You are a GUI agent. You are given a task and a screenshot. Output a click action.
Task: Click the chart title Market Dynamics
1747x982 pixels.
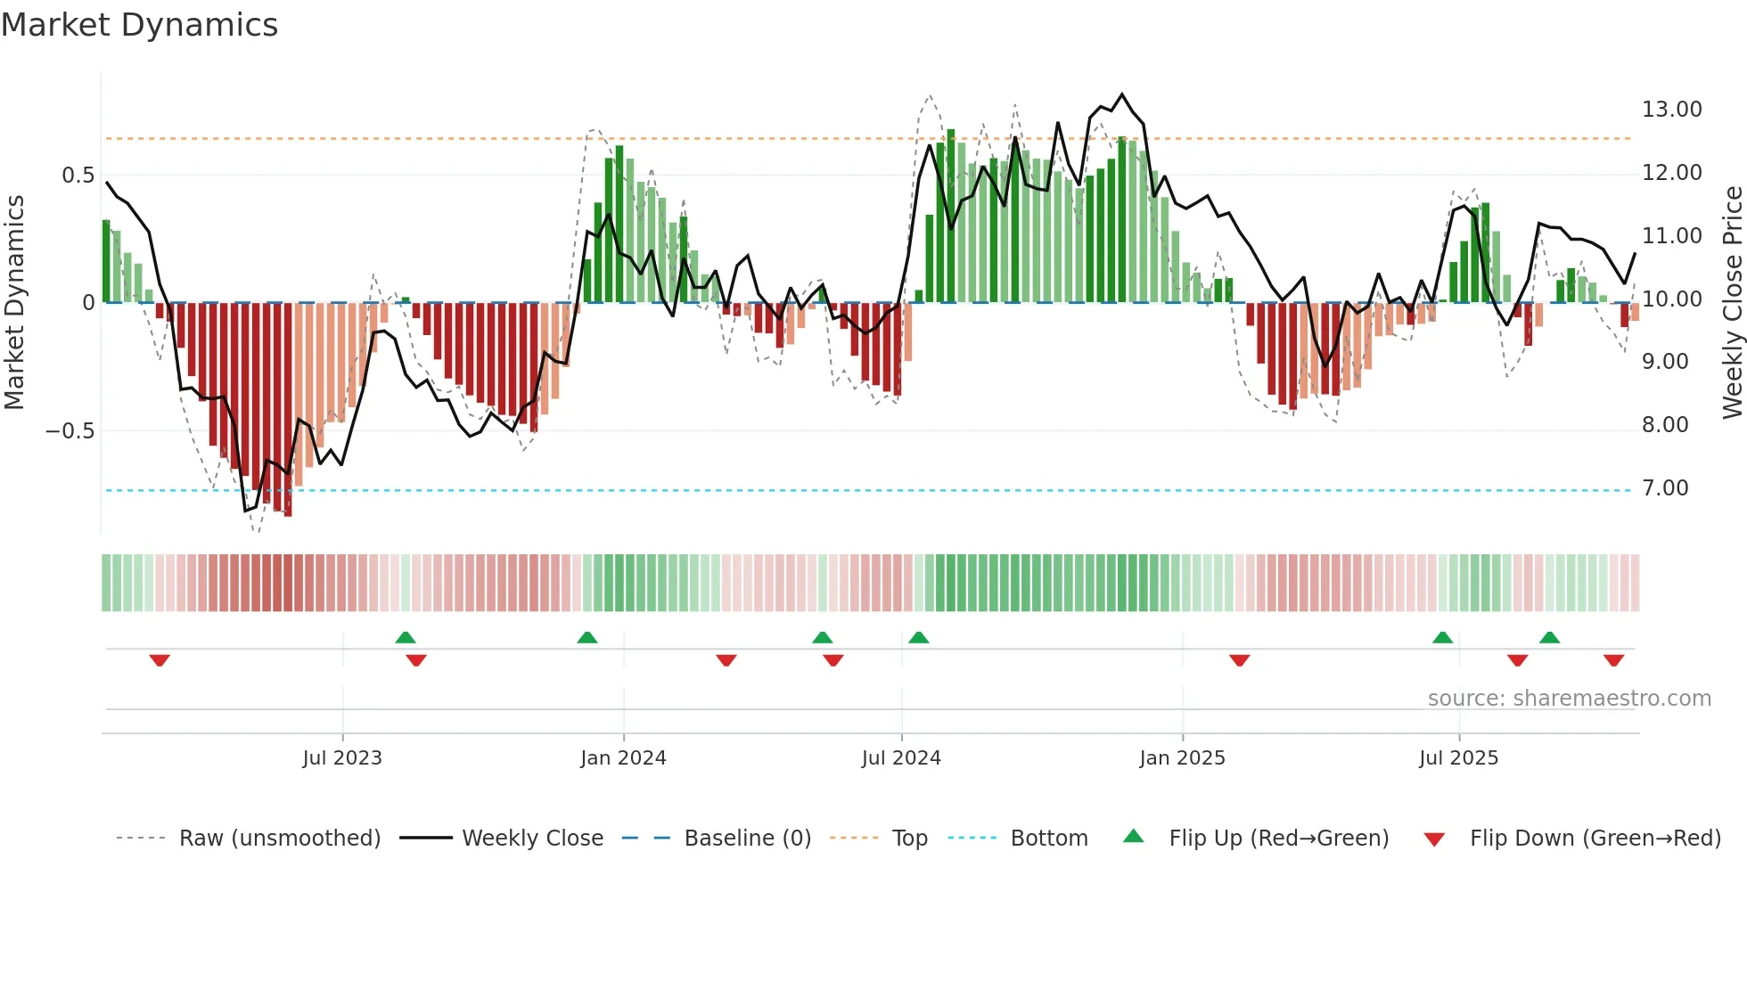139,25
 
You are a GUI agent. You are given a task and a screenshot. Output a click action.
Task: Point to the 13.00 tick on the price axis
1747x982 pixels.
1671,110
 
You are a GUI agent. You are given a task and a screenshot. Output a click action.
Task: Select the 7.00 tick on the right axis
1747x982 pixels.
1665,488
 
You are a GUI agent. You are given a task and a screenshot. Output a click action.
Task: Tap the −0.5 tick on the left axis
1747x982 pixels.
70,431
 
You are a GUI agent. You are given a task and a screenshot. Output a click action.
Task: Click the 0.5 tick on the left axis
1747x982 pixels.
78,176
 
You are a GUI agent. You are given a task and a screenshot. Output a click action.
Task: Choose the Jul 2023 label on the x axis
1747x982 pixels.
342,758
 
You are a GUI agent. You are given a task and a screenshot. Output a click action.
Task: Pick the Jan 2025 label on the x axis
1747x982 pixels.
1182,758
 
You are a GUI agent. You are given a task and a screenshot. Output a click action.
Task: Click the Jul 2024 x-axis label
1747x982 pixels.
901,758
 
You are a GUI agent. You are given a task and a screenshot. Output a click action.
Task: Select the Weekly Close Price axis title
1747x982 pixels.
1732,302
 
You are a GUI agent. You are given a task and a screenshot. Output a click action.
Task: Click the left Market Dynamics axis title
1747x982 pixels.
14,302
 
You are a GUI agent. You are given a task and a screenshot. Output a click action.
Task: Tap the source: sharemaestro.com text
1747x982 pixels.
1569,699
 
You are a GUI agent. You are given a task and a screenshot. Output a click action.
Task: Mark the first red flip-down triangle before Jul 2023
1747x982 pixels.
160,659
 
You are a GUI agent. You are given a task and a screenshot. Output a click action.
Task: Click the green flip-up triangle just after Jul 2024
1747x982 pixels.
919,637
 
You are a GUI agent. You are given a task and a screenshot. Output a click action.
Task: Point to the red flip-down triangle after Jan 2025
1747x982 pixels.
1239,659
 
